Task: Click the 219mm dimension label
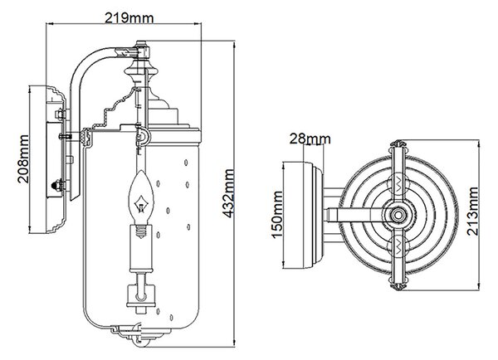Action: [x=129, y=18]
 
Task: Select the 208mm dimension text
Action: [x=23, y=159]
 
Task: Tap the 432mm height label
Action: [x=228, y=193]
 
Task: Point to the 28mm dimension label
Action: [x=310, y=139]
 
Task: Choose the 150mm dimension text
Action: [x=277, y=214]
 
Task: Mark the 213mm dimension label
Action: [x=472, y=212]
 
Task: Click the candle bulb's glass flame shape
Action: [x=141, y=197]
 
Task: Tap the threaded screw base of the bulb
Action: [x=141, y=231]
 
